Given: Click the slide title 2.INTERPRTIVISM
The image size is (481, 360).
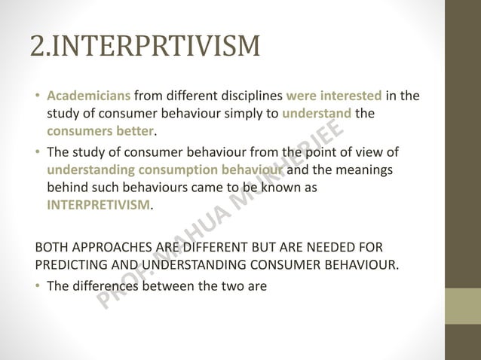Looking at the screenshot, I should (x=145, y=46).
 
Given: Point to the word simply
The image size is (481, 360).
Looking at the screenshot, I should (x=259, y=114).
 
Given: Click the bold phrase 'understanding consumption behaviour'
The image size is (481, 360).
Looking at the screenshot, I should (x=165, y=169).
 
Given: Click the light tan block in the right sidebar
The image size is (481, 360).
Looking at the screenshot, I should (x=464, y=306).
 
